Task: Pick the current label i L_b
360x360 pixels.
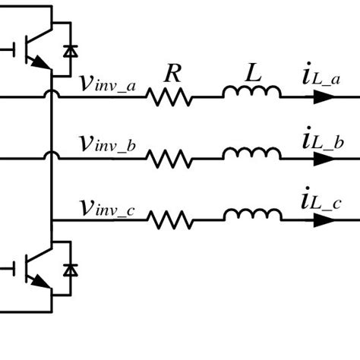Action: coord(319,140)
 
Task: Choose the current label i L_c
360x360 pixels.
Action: coord(319,202)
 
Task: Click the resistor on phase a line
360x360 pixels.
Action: coord(170,97)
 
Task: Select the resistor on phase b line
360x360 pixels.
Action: coord(170,158)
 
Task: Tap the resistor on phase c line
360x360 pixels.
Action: coord(170,220)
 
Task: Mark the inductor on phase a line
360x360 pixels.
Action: coord(251,93)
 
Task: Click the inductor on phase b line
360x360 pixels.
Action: coord(251,154)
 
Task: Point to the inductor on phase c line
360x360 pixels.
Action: coord(251,216)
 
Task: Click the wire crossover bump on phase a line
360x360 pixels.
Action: coord(52,94)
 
